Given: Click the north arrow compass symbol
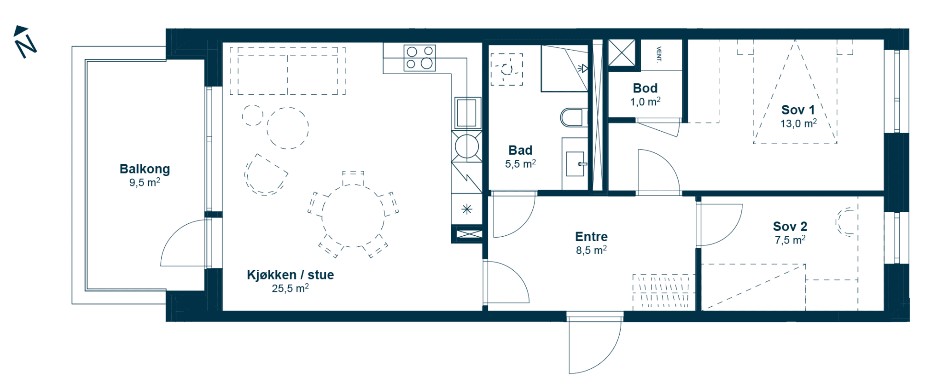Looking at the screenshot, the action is [25, 42].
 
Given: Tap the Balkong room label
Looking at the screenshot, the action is [145, 169].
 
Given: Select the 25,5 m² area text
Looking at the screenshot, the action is [290, 289].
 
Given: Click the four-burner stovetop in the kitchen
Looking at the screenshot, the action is [419, 58].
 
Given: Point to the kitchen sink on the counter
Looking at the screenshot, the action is [467, 112].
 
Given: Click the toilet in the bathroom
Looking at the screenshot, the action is [573, 117].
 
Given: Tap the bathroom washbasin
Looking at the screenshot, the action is [575, 163].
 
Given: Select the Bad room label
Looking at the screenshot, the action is [520, 150].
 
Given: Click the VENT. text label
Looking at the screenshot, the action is [659, 53].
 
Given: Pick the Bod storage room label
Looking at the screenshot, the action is [645, 88].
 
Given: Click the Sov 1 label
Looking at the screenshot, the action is [798, 110].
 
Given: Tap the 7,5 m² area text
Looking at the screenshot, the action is [790, 240].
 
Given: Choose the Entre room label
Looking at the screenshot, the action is [591, 237].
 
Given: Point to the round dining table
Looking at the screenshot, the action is [353, 216].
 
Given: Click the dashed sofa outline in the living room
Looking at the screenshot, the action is [288, 70].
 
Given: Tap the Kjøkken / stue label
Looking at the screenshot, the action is [290, 275].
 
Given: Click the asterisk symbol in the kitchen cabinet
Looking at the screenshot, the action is [467, 210].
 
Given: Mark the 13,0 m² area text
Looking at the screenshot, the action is [798, 123].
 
